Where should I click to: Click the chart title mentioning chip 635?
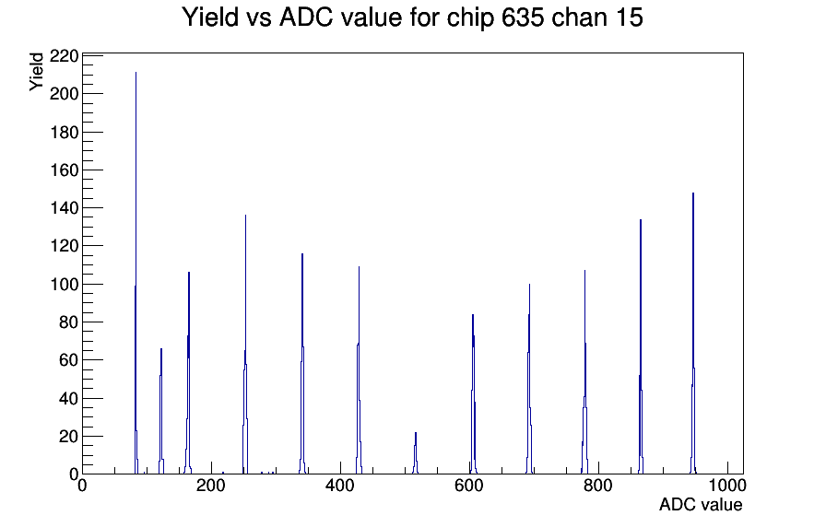coord(412,18)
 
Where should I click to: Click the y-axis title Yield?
coord(36,72)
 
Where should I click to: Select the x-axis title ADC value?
coord(701,504)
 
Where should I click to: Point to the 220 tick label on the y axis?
coord(64,56)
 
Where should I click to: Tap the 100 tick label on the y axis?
coord(64,285)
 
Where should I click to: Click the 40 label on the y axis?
coord(68,399)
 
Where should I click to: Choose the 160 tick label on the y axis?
coord(64,170)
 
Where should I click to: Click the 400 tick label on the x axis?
coord(340,485)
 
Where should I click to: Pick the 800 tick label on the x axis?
coord(598,485)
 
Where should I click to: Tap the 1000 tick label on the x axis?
coord(726,485)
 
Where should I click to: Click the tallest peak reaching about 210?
coord(136,273)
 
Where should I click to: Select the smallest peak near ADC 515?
coord(415,453)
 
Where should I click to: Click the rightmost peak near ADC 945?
coord(693,334)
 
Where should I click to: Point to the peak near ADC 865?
coord(641,346)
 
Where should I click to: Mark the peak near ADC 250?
coord(245,345)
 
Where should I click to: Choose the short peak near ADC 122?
coord(161,411)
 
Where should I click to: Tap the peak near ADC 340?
coord(302,364)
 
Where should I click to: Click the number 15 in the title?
coord(629,18)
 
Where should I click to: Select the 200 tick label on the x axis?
coord(211,485)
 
